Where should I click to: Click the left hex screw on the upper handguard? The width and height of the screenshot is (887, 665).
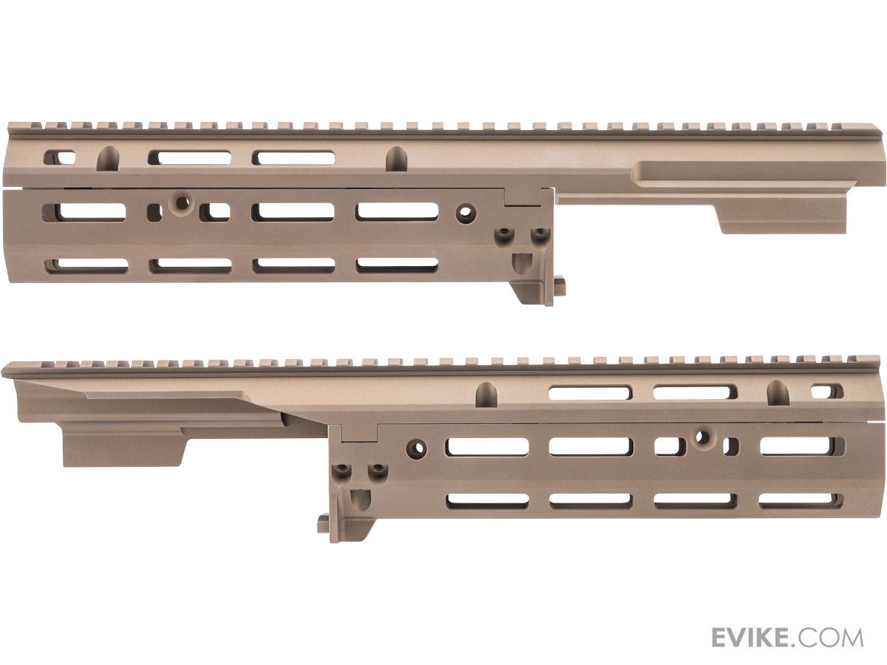[x=503, y=233]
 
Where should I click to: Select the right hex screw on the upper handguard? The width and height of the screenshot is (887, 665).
[x=538, y=233]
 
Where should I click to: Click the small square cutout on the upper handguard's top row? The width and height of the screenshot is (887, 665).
[x=59, y=157]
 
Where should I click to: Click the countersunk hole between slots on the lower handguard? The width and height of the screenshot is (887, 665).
[x=704, y=437]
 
